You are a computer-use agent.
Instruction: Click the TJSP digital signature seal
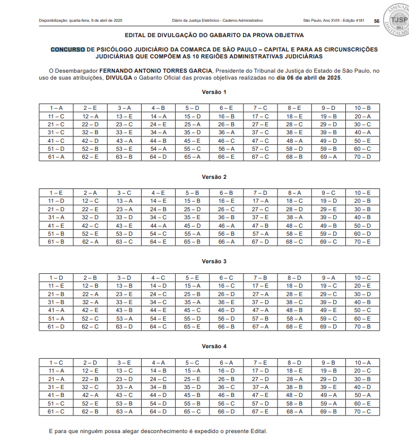click(x=395, y=15)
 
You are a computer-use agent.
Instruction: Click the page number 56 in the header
click(x=376, y=21)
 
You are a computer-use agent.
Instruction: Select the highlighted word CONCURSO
click(x=67, y=49)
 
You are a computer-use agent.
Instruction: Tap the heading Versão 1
click(x=214, y=92)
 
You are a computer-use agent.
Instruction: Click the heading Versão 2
click(x=214, y=177)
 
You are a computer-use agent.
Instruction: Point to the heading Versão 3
click(x=214, y=262)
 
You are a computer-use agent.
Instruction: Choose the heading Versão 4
click(x=214, y=347)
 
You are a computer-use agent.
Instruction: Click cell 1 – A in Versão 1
click(x=56, y=108)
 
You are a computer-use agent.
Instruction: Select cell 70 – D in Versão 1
click(x=363, y=157)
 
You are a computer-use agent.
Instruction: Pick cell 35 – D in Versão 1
click(x=192, y=132)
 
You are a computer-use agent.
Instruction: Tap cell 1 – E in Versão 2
click(x=56, y=193)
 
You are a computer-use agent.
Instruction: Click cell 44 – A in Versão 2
click(x=158, y=226)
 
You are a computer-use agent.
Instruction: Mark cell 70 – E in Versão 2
click(x=363, y=242)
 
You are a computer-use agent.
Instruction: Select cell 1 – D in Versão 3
click(x=56, y=278)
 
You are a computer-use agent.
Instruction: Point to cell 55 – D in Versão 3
click(x=192, y=318)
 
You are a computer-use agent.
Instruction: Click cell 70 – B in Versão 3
click(x=363, y=327)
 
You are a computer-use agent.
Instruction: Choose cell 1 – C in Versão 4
click(x=56, y=363)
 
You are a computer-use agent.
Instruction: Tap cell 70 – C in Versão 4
click(x=363, y=412)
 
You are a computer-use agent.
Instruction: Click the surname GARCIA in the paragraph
click(x=198, y=71)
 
